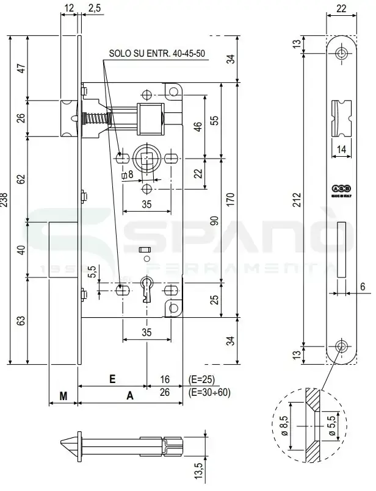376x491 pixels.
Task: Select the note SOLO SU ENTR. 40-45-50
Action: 156,53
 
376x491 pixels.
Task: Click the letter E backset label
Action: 112,379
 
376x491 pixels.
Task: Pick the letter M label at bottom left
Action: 63,396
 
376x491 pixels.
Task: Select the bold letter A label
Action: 129,396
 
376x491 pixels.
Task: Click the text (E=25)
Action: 202,379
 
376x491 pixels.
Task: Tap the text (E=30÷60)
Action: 210,392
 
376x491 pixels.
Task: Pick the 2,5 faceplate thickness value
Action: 95,8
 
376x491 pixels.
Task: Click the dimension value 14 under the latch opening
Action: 340,148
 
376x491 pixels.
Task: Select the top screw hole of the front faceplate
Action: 340,54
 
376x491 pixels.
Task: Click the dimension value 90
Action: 214,220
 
